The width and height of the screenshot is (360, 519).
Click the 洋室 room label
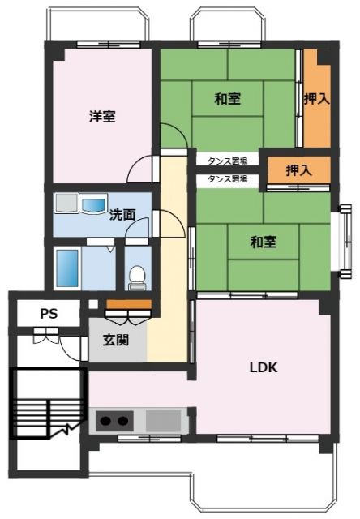click(x=102, y=116)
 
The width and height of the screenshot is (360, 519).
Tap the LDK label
click(x=263, y=367)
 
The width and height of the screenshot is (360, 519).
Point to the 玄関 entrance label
click(x=116, y=340)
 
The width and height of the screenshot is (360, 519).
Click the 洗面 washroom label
click(x=122, y=215)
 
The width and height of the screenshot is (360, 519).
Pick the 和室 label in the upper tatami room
click(x=228, y=99)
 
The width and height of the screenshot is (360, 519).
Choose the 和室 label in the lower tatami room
click(x=264, y=241)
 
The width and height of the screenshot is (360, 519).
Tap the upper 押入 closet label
click(x=316, y=99)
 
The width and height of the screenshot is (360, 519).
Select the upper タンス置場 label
click(x=227, y=160)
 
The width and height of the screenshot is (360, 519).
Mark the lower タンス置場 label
click(x=227, y=178)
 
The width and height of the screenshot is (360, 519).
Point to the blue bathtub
click(x=66, y=266)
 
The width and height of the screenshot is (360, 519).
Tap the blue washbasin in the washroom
click(x=93, y=206)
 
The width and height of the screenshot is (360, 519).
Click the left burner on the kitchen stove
click(x=105, y=421)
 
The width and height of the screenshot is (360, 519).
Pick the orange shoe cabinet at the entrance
click(x=128, y=305)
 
